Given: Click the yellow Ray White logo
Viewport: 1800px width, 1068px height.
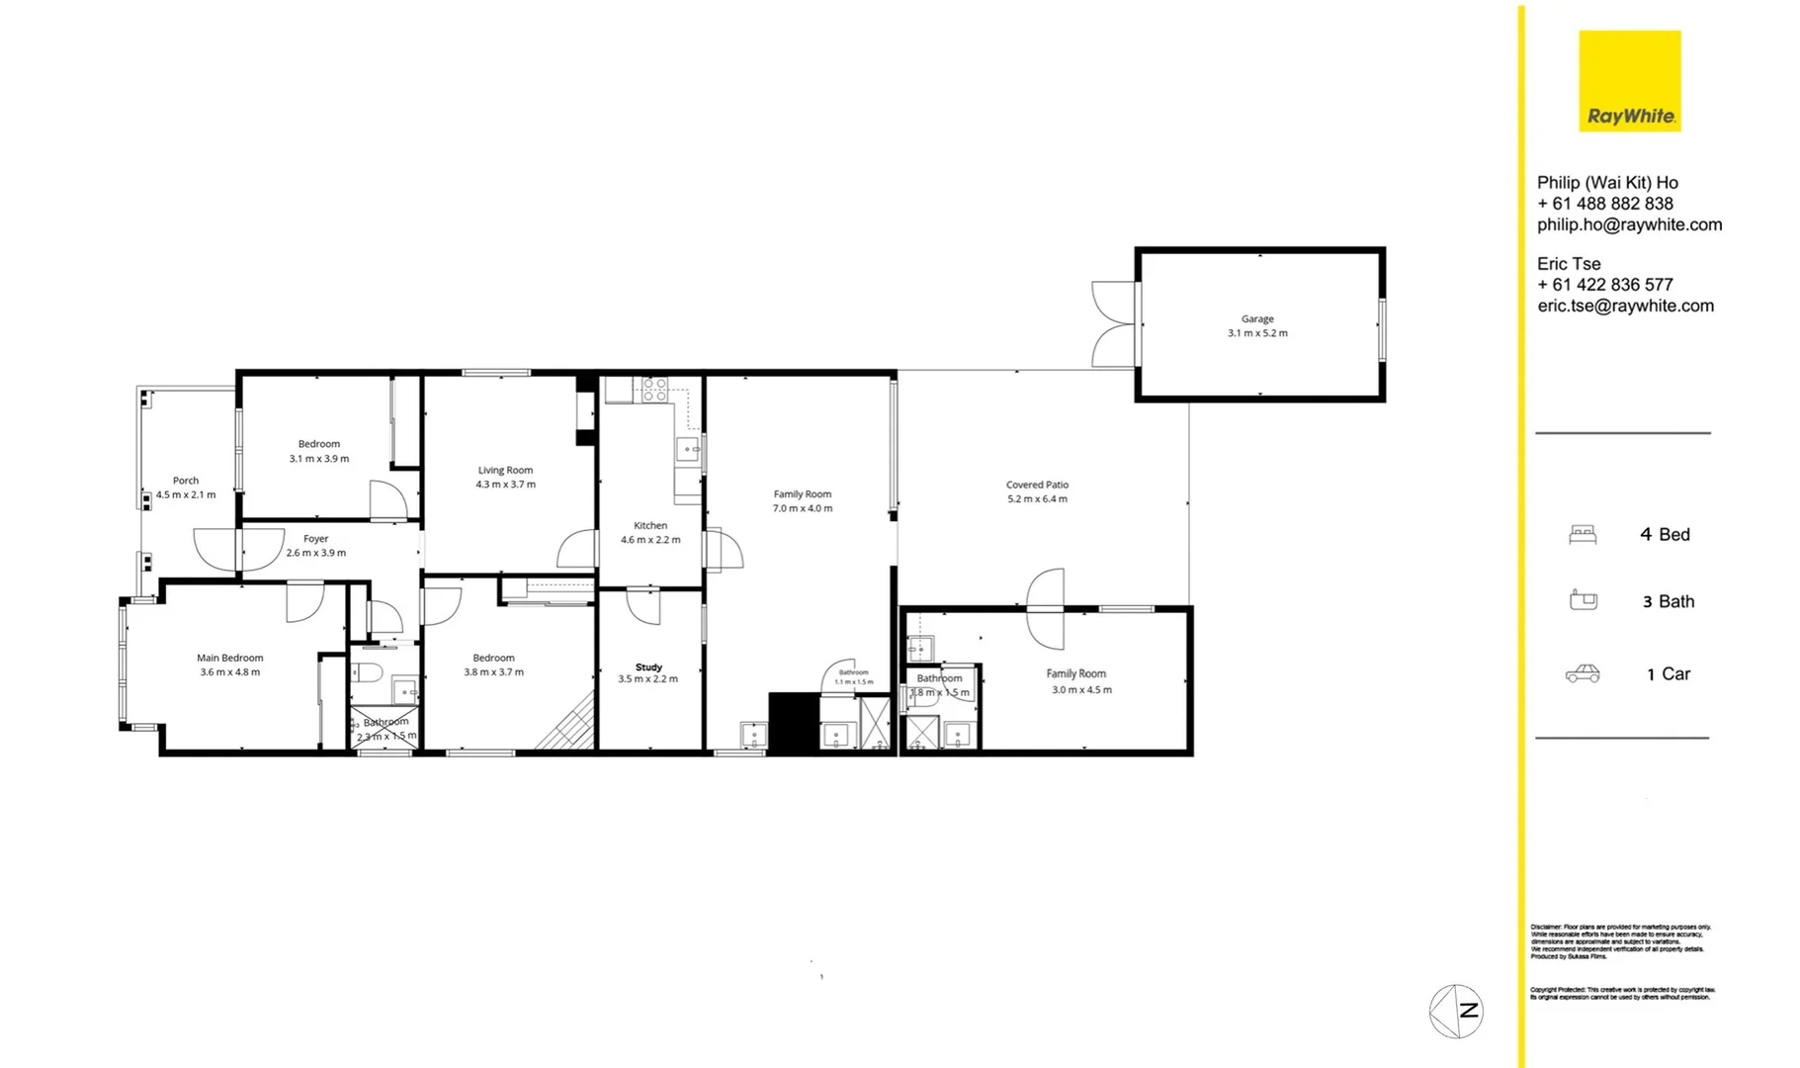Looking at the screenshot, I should (1629, 80).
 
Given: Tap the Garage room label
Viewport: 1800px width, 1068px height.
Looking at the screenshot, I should (1257, 319).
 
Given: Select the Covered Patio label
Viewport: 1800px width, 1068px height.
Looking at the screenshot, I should (1037, 485).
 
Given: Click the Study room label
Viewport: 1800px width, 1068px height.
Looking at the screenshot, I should (648, 667).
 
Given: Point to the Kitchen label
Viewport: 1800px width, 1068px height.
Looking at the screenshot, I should (650, 526).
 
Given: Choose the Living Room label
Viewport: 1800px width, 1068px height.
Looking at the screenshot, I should (505, 471).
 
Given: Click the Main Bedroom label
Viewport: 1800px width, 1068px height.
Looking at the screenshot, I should (229, 658).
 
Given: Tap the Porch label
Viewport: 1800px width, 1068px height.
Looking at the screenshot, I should (186, 481).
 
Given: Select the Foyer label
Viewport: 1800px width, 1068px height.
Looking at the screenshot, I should (315, 539).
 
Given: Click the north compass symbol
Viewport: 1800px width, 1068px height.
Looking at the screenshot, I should (1456, 1011).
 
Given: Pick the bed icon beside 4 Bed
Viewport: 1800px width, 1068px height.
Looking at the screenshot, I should (1583, 535).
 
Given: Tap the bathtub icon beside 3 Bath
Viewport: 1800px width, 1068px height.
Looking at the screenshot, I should (1583, 600).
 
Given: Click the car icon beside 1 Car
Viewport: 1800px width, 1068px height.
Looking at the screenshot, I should (1583, 673).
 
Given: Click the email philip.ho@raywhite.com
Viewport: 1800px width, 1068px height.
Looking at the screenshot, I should (1629, 224).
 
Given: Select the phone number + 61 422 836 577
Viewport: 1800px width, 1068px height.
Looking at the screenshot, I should (1604, 285).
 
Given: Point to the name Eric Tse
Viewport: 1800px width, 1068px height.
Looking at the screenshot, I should (1569, 264).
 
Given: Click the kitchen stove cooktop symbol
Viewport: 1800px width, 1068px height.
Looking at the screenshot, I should (654, 390).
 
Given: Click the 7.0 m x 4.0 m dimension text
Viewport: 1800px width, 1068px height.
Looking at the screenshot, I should (802, 508).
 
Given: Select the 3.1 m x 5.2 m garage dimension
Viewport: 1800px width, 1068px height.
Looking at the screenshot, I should (1257, 333).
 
